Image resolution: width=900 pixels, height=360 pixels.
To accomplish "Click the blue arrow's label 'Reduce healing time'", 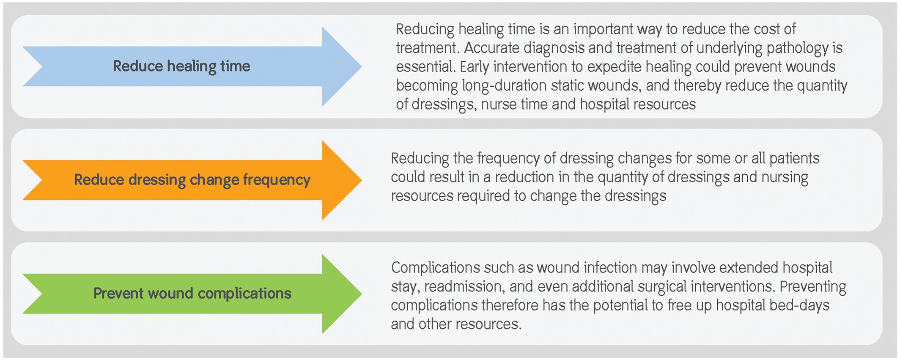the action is pyautogui.click(x=181, y=66).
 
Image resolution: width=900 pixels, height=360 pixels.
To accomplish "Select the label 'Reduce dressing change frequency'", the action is pyautogui.click(x=192, y=180).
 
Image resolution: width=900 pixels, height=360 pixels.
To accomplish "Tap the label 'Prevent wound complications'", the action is pyautogui.click(x=192, y=293).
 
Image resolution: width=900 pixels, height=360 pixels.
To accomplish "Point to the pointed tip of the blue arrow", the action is pyautogui.click(x=362, y=66).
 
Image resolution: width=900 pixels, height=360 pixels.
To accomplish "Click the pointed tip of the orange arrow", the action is pyautogui.click(x=362, y=180).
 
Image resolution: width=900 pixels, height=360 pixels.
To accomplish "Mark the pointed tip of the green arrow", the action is pyautogui.click(x=362, y=294).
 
